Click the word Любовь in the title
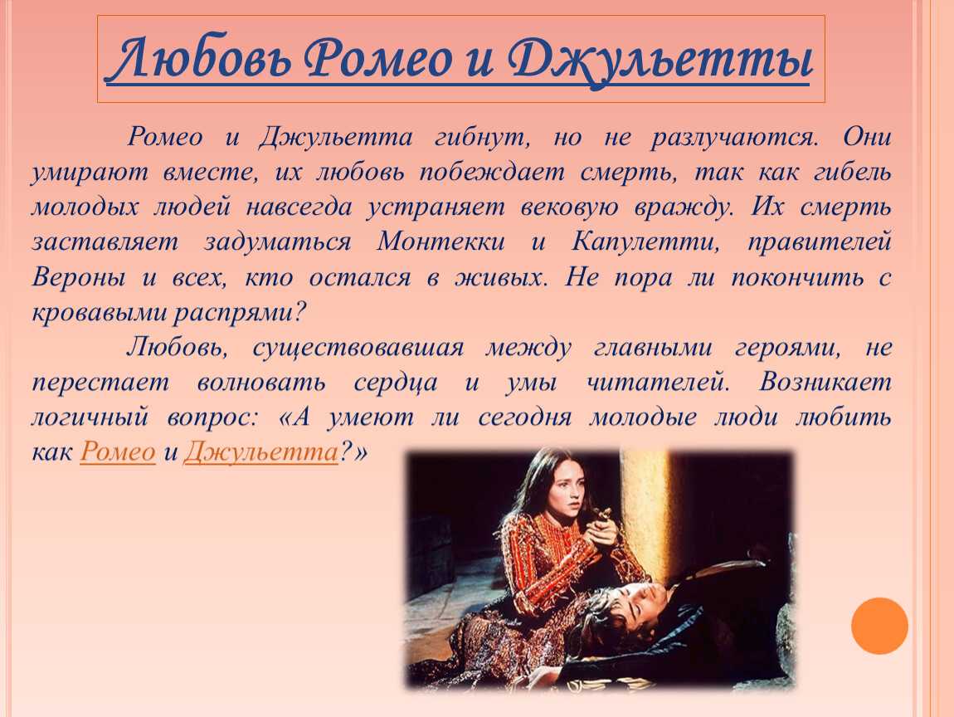coord(201,58)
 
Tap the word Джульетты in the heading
coord(660,61)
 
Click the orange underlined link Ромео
coord(118,451)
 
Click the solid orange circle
coord(879,626)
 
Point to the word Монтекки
coord(440,241)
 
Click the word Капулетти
coord(645,243)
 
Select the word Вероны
coord(79,277)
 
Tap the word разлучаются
coord(733,138)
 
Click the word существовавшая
coord(358,349)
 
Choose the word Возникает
coord(825,383)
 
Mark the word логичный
coord(90,417)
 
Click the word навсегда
coord(299,207)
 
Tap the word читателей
coord(657,383)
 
